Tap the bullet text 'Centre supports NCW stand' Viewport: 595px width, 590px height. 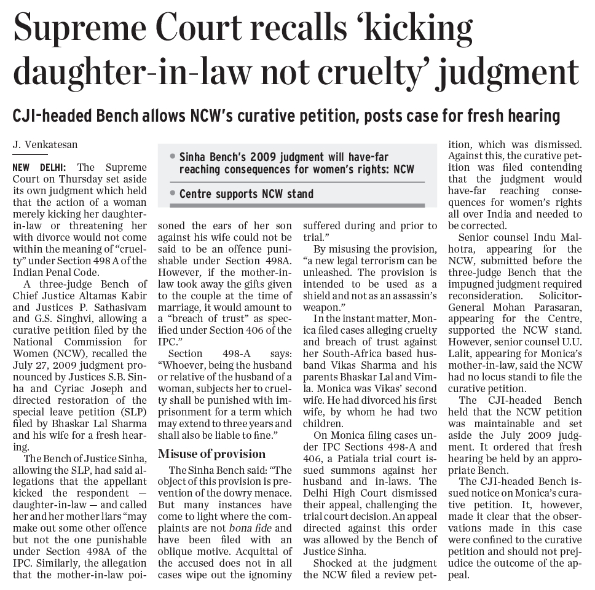coord(246,194)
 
